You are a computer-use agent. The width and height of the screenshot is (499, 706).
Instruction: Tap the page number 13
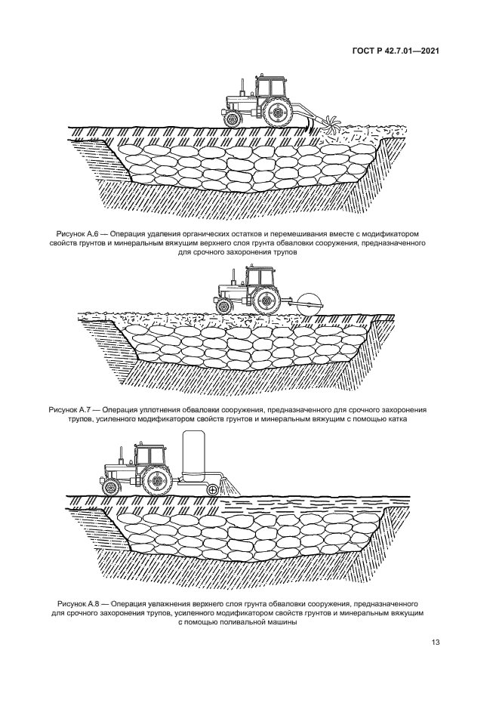click(x=436, y=643)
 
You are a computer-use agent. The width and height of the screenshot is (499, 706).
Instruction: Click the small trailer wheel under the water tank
click(x=213, y=489)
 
